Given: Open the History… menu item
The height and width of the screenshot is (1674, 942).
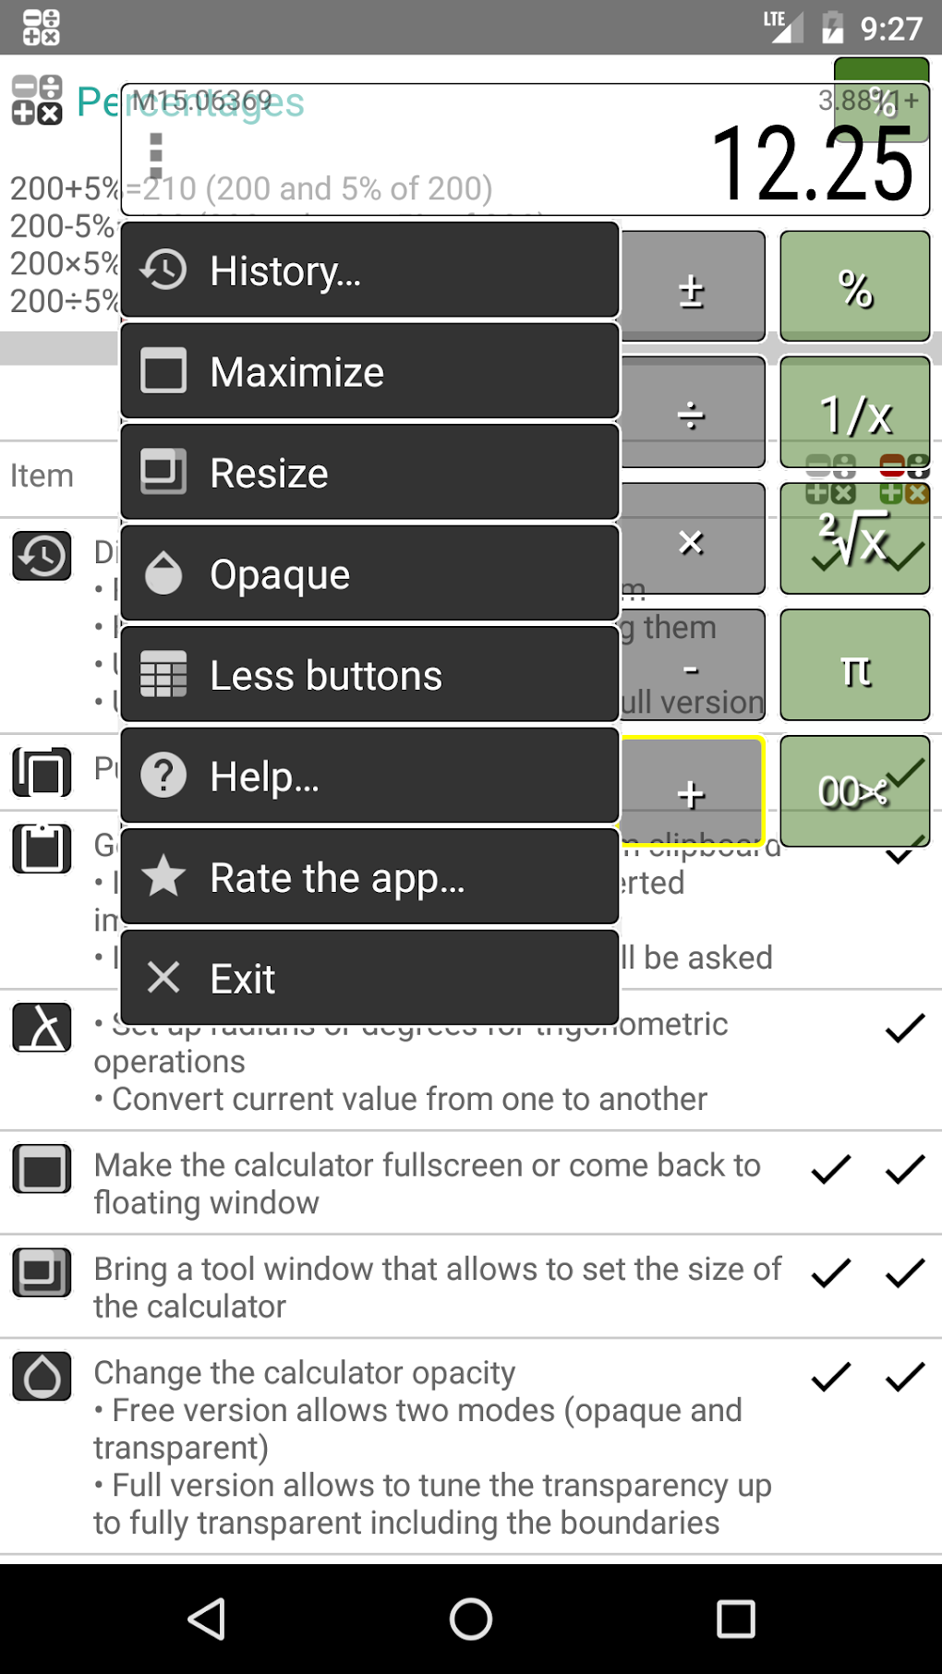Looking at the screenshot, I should point(369,271).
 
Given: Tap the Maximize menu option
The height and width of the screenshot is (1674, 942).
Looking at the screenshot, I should point(369,372).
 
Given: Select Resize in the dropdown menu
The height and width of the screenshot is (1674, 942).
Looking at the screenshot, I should point(369,473).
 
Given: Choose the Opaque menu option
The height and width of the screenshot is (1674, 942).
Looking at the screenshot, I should point(369,574).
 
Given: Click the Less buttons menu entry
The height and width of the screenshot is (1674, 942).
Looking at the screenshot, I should point(369,675).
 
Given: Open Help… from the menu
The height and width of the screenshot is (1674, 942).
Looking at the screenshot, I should point(369,777).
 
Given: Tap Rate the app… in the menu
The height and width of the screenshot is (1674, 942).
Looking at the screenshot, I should point(369,877).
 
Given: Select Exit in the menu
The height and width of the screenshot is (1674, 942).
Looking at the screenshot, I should point(369,979).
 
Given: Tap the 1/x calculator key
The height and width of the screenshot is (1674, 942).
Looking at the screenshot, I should point(854,413).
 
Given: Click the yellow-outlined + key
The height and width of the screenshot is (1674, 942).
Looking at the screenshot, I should point(692,791).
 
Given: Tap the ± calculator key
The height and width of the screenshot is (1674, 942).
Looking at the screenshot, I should point(692,288).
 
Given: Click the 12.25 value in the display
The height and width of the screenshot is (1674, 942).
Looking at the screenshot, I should point(813,164).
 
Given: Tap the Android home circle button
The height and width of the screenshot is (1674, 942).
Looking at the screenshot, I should point(471,1619).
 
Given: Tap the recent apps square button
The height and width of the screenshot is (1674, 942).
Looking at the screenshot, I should point(735,1619).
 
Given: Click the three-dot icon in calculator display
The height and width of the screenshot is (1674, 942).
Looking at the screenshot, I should point(156,154).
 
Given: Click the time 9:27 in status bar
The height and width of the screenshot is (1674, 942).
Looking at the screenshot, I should point(890,29).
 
